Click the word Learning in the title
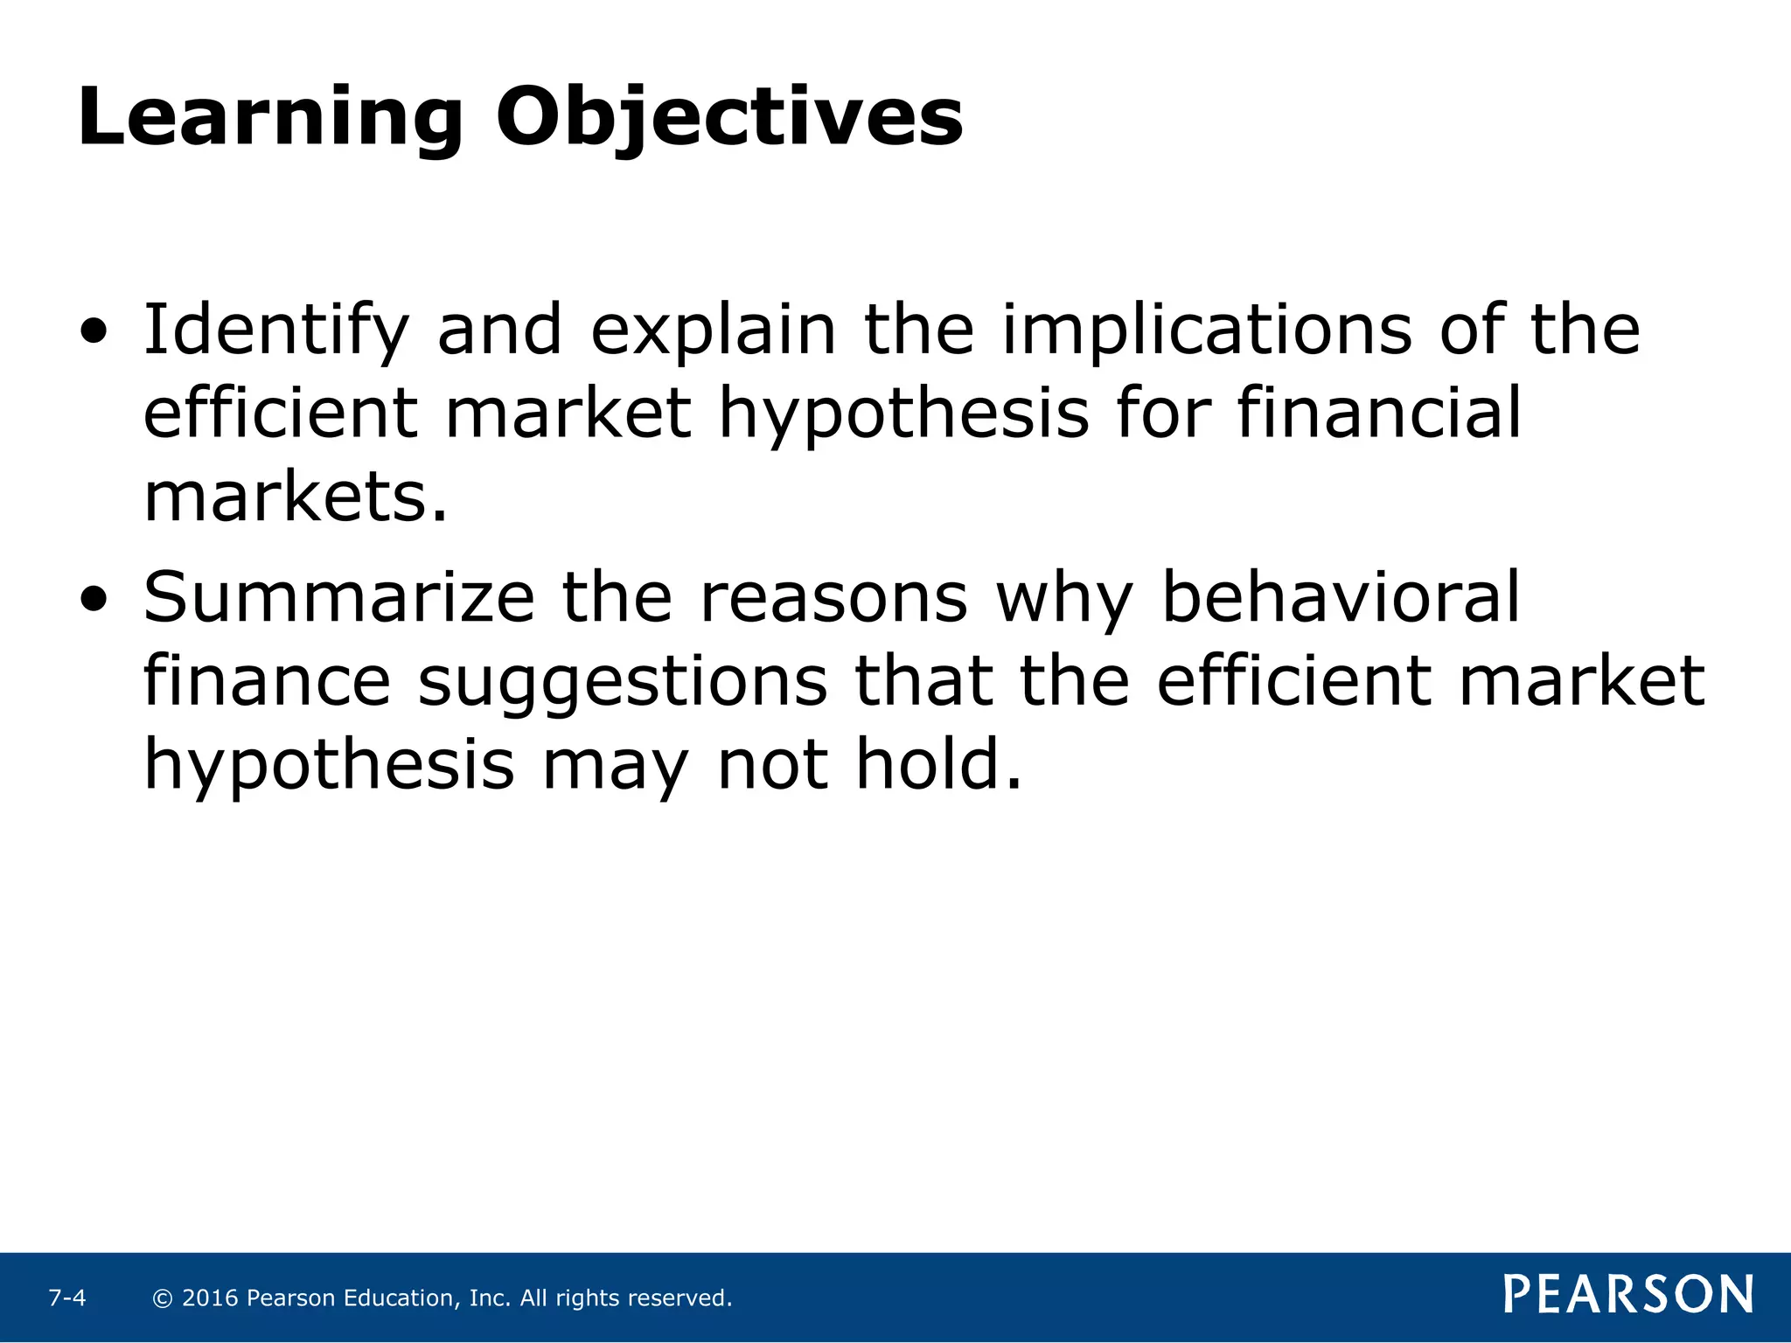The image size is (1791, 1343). point(269,118)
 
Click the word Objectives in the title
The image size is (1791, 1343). point(729,118)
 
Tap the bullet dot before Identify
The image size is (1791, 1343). point(94,332)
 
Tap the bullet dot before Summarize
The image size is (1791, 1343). point(94,600)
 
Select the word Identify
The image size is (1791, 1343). point(275,331)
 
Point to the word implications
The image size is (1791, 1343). point(1207,331)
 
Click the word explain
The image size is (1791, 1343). point(714,331)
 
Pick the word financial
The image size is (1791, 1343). point(1379,414)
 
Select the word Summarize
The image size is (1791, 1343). point(338,598)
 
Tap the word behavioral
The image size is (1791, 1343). point(1341,598)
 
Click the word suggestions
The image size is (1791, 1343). point(622,682)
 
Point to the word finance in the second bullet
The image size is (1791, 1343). point(267,682)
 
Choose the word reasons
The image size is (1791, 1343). point(834,598)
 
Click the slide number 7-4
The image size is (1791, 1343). point(67,1298)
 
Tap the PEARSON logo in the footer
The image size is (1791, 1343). point(1628,1294)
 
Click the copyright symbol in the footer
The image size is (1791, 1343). point(162,1298)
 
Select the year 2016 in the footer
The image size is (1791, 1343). point(210,1298)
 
